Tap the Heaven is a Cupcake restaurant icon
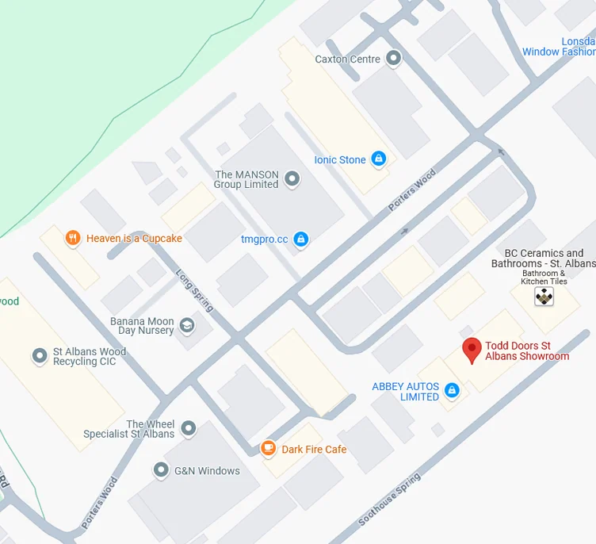pyautogui.click(x=73, y=238)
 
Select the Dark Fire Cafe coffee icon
pyautogui.click(x=269, y=449)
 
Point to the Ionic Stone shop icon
pyautogui.click(x=379, y=159)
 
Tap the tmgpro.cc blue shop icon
pyautogui.click(x=300, y=238)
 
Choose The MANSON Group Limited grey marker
pyautogui.click(x=292, y=179)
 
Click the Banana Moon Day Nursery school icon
pyautogui.click(x=186, y=325)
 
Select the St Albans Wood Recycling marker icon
pyautogui.click(x=40, y=356)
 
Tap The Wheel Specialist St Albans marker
pyautogui.click(x=188, y=429)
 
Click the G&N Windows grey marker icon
pyautogui.click(x=162, y=470)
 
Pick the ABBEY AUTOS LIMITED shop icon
pyautogui.click(x=452, y=390)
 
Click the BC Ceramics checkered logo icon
pyautogui.click(x=544, y=297)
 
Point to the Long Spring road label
pyautogui.click(x=194, y=284)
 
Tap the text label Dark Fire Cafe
pyautogui.click(x=314, y=450)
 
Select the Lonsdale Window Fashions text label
pyautogui.click(x=559, y=47)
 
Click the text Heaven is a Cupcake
pyautogui.click(x=134, y=238)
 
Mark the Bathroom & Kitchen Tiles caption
pyautogui.click(x=544, y=278)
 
